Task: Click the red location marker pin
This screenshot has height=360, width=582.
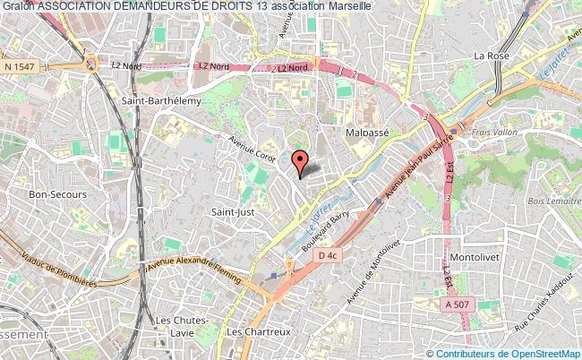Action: click(x=300, y=162)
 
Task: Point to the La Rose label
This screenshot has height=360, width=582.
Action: click(x=491, y=56)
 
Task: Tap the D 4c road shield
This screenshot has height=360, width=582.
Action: click(x=328, y=255)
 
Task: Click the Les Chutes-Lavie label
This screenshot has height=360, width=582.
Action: click(x=182, y=325)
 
